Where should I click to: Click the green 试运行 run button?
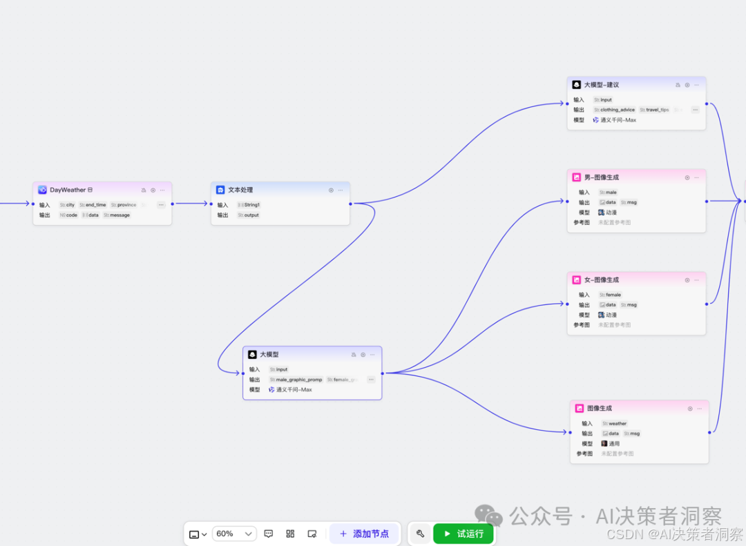click(x=463, y=534)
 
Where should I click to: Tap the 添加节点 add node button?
click(x=364, y=534)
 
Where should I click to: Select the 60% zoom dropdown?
click(x=234, y=534)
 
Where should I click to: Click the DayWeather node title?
click(x=68, y=190)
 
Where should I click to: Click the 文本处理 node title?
click(x=240, y=190)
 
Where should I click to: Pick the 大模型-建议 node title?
click(x=602, y=85)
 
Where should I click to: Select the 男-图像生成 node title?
click(x=602, y=177)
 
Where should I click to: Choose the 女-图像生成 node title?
click(x=602, y=280)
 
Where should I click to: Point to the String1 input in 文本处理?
click(x=249, y=205)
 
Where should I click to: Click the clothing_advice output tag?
click(x=615, y=110)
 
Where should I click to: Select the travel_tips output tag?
click(x=655, y=110)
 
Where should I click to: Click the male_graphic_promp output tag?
click(x=296, y=380)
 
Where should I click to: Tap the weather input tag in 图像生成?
click(x=615, y=424)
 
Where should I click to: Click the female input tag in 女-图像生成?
click(x=611, y=295)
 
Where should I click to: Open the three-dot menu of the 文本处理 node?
click(x=341, y=191)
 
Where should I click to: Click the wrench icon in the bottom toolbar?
click(x=420, y=534)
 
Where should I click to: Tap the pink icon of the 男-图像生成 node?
click(x=577, y=177)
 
